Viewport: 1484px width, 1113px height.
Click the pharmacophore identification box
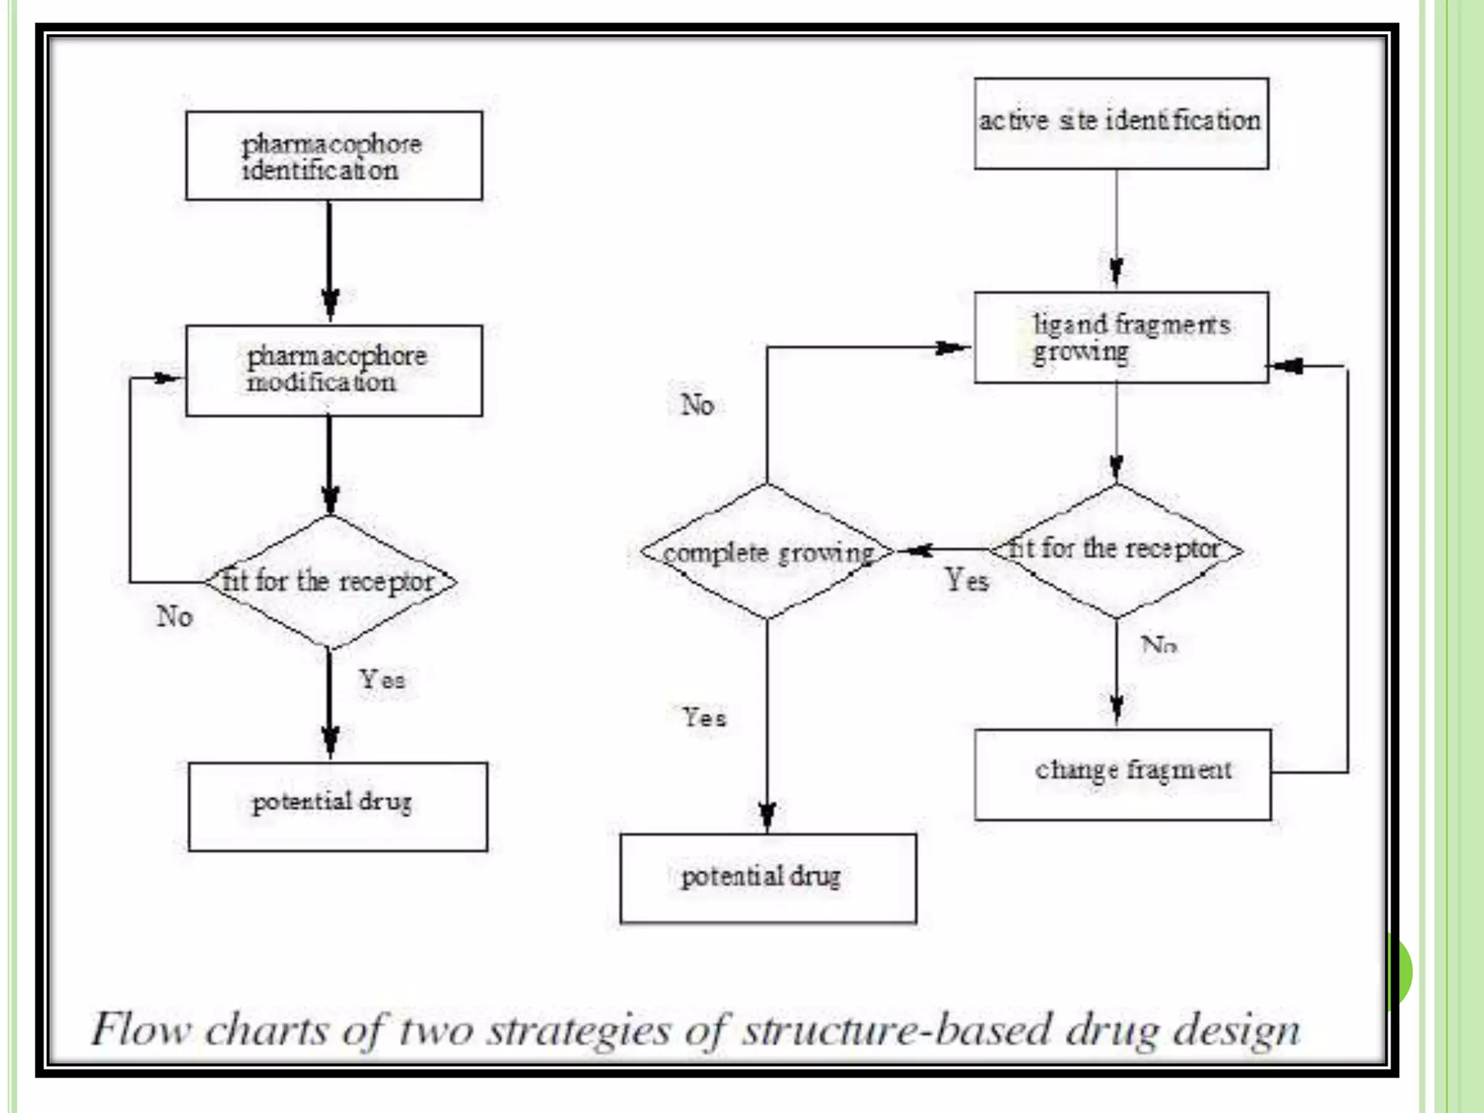pos(334,156)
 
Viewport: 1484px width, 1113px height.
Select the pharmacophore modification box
pos(334,370)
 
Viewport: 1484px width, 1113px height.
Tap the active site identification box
pos(1120,123)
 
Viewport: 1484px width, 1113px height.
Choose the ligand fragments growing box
pos(1120,337)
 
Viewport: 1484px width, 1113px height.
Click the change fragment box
pos(1122,774)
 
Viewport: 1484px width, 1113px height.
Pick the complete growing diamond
pos(767,552)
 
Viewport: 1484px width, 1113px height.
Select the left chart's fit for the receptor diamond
pos(330,581)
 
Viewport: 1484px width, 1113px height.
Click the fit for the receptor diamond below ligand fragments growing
pos(1116,549)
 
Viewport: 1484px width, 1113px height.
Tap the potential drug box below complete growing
pos(767,878)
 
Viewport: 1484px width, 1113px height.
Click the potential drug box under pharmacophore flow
pos(338,806)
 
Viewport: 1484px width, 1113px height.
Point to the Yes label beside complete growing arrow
pos(967,580)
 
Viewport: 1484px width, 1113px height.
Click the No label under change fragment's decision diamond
pos(1158,643)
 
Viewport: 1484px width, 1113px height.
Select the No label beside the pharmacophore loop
pos(175,617)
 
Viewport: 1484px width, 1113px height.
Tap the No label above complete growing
pos(697,404)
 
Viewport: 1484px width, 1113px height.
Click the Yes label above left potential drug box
pos(382,680)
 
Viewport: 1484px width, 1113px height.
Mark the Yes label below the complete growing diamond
pos(704,717)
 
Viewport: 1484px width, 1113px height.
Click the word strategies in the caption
pos(578,1030)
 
